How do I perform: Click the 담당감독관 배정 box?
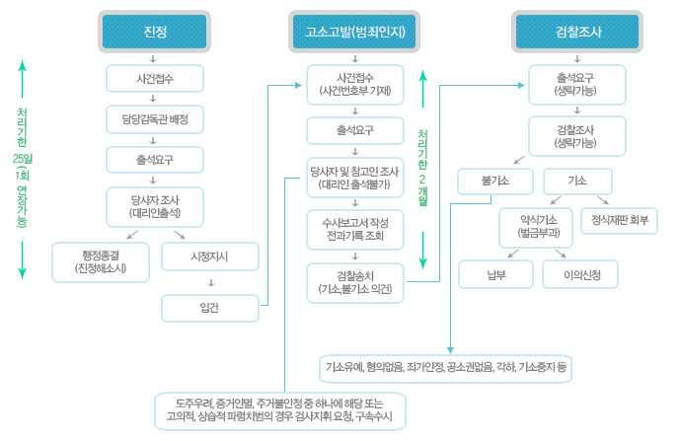pyautogui.click(x=155, y=119)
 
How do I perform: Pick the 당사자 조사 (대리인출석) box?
pyautogui.click(x=155, y=204)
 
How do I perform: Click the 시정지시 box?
pyautogui.click(x=209, y=257)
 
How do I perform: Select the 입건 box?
pyautogui.click(x=209, y=308)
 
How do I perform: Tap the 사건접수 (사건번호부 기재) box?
pyautogui.click(x=355, y=83)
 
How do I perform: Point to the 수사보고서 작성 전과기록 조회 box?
pyautogui.click(x=355, y=228)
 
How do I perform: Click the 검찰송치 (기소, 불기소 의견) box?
pyautogui.click(x=355, y=281)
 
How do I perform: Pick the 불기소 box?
pyautogui.click(x=494, y=182)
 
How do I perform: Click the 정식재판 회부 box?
pyautogui.click(x=620, y=219)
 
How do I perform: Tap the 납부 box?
pyautogui.click(x=495, y=273)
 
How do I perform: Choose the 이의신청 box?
pyautogui.click(x=579, y=273)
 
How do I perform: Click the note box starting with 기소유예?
pyautogui.click(x=446, y=367)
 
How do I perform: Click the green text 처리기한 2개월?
pyautogui.click(x=422, y=168)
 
